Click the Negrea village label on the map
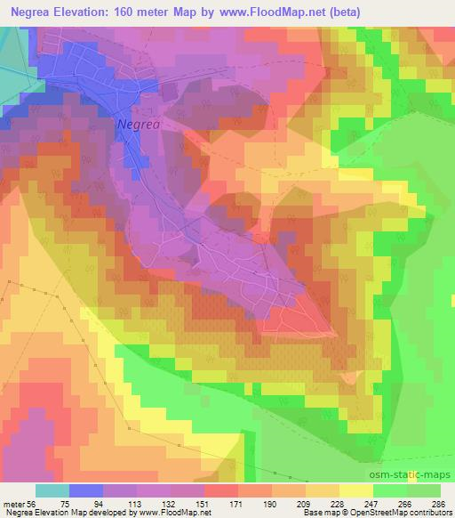tap(138, 125)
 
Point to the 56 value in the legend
tap(36, 503)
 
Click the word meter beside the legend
tap(15, 503)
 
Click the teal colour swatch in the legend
tap(52, 490)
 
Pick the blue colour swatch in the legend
tap(86, 490)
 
